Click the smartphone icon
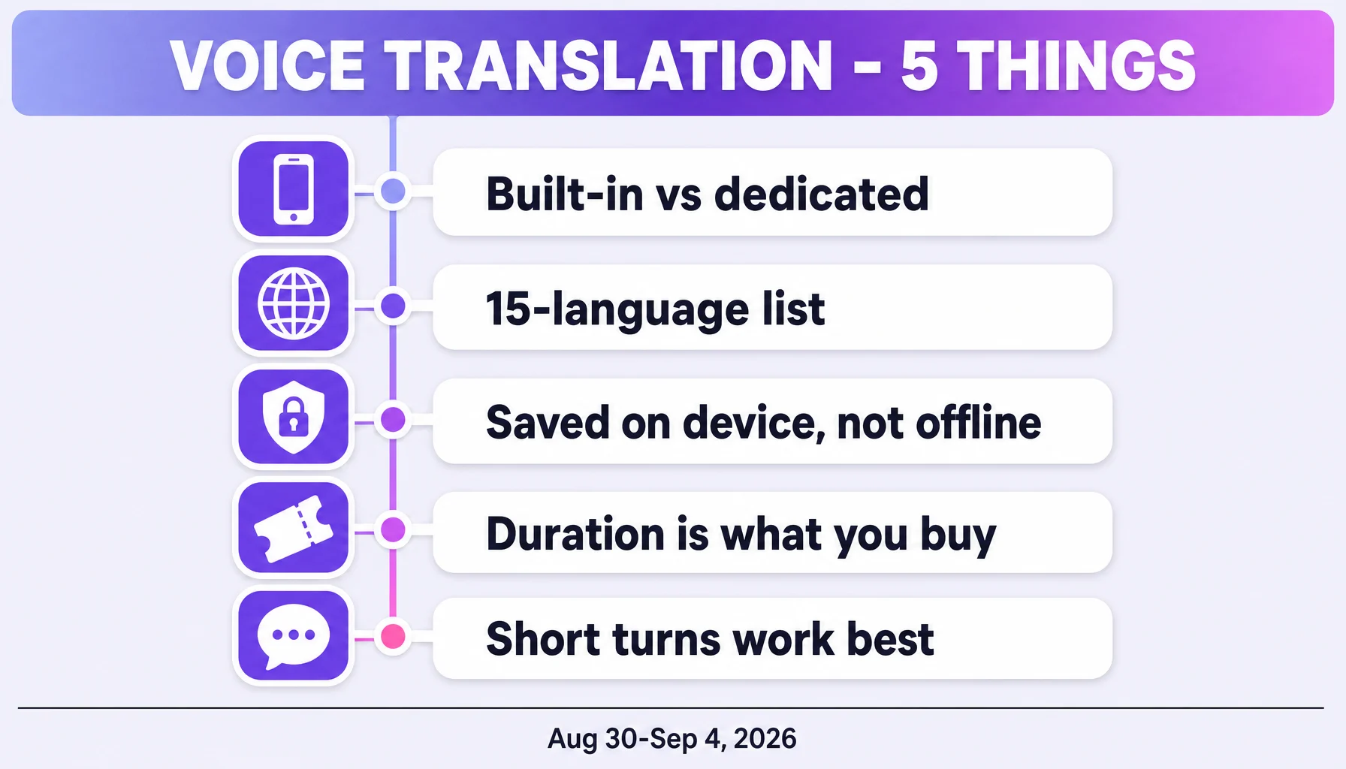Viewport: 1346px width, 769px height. pos(294,189)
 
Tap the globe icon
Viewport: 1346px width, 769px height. pos(294,303)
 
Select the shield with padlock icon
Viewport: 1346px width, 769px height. pos(294,417)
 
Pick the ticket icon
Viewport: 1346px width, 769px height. pos(294,529)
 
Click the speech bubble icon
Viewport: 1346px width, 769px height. pos(294,636)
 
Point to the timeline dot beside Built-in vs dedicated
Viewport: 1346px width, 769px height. pos(393,191)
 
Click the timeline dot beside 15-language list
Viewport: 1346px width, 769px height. pos(393,306)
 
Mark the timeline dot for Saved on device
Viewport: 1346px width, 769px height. pos(393,419)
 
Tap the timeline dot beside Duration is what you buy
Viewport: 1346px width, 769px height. pos(393,529)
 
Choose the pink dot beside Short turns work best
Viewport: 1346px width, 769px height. pos(393,636)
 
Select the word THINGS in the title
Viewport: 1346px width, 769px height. pos(1079,66)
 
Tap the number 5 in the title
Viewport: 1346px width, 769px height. pos(919,67)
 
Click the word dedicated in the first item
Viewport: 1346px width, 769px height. pos(822,194)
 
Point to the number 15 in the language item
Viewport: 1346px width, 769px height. pos(509,309)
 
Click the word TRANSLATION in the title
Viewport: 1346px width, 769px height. pos(609,66)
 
